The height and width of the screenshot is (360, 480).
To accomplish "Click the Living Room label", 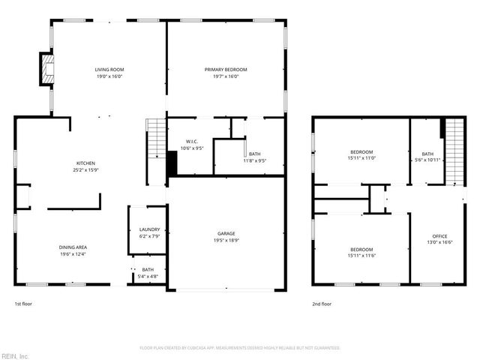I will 108,69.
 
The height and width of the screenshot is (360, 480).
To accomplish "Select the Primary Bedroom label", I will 226,69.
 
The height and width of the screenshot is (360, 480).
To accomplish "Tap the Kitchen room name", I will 85,163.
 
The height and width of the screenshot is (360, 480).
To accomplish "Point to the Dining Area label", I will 73,247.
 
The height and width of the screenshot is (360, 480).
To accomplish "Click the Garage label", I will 226,233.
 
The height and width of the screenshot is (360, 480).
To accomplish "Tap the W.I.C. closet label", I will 191,142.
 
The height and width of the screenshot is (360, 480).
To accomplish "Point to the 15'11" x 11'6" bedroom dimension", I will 361,255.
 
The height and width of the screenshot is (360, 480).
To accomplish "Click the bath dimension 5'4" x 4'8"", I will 148,276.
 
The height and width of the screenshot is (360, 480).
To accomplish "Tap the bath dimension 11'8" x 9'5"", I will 255,160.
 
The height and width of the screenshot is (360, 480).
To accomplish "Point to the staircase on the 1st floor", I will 154,139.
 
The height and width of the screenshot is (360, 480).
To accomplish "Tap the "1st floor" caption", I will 23,304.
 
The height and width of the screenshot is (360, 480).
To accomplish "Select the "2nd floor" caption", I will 322,304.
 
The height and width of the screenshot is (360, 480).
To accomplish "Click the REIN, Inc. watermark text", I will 15,355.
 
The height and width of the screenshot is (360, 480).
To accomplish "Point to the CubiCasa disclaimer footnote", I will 240,348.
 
